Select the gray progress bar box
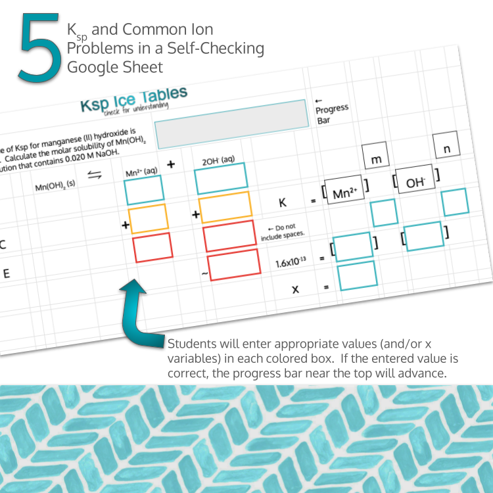232,124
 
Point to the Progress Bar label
331,108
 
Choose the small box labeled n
446,149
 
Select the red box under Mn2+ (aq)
153,248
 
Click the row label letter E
6,273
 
